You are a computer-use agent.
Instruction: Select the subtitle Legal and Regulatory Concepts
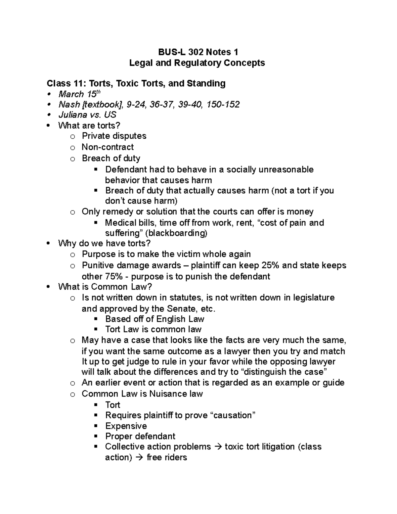pyautogui.click(x=197, y=63)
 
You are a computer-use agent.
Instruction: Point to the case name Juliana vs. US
pyautogui.click(x=87, y=115)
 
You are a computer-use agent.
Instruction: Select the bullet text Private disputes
pyautogui.click(x=114, y=136)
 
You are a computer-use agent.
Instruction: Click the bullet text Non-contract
pyautogui.click(x=108, y=147)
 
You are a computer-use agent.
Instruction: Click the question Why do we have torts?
pyautogui.click(x=104, y=244)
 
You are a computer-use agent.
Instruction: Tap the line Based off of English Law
pyautogui.click(x=154, y=319)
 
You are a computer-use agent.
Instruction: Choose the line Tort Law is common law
pyautogui.click(x=153, y=329)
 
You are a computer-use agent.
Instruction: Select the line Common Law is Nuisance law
pyautogui.click(x=142, y=394)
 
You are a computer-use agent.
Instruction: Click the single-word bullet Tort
pyautogui.click(x=112, y=405)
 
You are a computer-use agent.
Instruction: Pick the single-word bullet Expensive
pyautogui.click(x=126, y=426)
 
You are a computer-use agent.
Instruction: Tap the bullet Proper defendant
pyautogui.click(x=140, y=436)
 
